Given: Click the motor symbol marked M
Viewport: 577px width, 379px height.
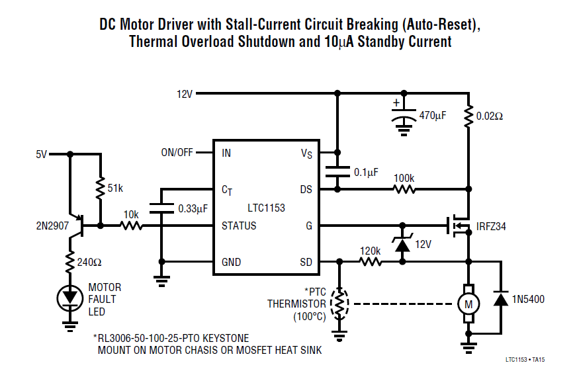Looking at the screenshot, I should point(468,304).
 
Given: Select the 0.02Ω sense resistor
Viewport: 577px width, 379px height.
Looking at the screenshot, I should point(468,116).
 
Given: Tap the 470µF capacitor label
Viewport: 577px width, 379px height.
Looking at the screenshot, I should point(433,115).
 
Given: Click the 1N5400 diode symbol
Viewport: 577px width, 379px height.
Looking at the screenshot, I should point(501,300).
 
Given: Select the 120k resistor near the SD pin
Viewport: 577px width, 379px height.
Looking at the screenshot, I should point(371,262).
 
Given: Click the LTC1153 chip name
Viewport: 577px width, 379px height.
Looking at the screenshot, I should point(265,208).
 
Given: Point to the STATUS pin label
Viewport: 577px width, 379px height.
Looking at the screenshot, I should point(239,226).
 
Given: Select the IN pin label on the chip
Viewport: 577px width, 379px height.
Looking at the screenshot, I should point(226,153).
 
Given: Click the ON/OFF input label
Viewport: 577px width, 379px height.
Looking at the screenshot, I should point(177,153).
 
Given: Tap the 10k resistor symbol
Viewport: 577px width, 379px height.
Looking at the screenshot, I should point(131,226).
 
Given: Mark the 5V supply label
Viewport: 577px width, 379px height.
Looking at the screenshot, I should point(42,154).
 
